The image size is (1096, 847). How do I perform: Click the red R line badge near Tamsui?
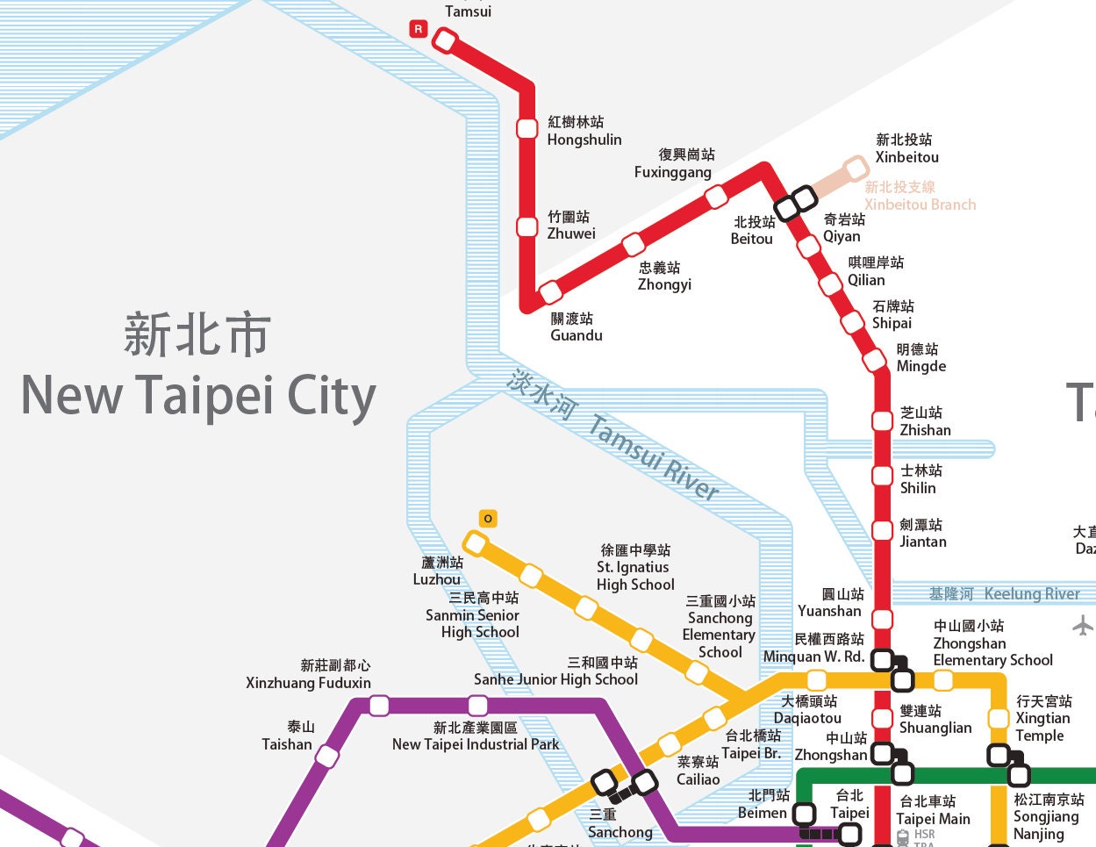pyautogui.click(x=418, y=29)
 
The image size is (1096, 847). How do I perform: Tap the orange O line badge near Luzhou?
pyautogui.click(x=488, y=519)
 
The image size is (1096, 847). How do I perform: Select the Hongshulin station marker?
pyautogui.click(x=527, y=128)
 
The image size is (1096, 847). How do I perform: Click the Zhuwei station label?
pyautogui.click(x=570, y=226)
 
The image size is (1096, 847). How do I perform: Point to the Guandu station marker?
pyautogui.click(x=550, y=291)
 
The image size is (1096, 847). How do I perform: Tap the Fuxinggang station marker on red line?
pyautogui.click(x=716, y=195)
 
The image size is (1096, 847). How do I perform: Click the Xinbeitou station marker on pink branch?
pyautogui.click(x=856, y=168)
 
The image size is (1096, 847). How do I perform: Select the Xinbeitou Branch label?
pyautogui.click(x=919, y=196)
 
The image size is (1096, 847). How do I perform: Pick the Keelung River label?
pyautogui.click(x=1005, y=594)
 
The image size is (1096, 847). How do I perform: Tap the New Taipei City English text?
pyautogui.click(x=198, y=396)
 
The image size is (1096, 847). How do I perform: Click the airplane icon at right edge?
pyautogui.click(x=1083, y=626)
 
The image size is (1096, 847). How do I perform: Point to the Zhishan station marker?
pyautogui.click(x=882, y=420)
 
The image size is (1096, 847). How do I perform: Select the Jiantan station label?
pyautogui.click(x=922, y=533)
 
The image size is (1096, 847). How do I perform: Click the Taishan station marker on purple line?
pyautogui.click(x=327, y=756)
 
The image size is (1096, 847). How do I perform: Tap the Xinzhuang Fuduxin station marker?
pyautogui.click(x=379, y=706)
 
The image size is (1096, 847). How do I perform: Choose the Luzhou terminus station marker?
pyautogui.click(x=475, y=543)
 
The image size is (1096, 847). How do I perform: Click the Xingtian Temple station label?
pyautogui.click(x=1042, y=718)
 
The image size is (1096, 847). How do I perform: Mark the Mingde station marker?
pyautogui.click(x=874, y=360)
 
